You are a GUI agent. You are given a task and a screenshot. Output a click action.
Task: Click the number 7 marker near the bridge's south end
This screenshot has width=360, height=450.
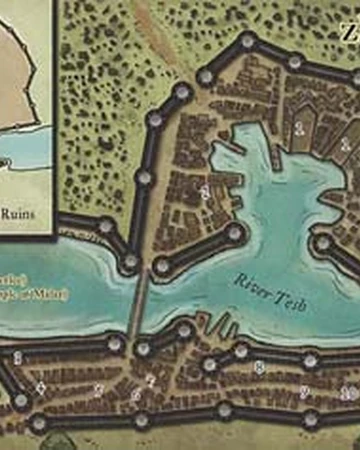pos(150,380)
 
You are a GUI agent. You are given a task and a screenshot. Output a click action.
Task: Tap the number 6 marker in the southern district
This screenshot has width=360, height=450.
pos(136,395)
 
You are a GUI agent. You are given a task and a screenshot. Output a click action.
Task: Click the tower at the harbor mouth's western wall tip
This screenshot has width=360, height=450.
pos(236,232)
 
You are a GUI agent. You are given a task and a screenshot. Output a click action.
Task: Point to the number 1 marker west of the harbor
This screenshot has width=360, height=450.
pos(204,189)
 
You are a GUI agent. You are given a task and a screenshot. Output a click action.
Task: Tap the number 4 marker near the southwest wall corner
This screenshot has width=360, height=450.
pos(41,387)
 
